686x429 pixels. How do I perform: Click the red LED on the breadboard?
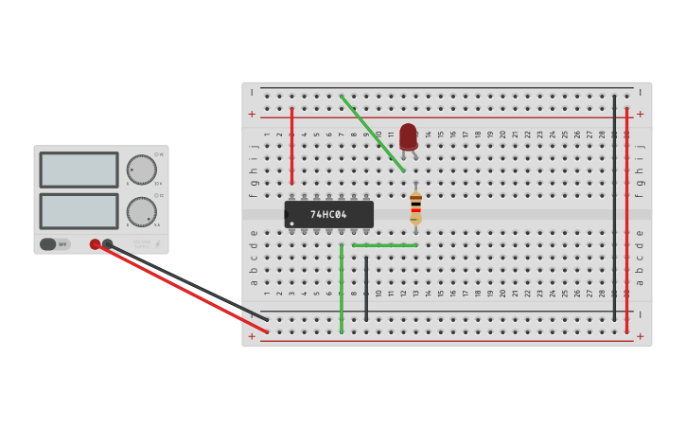[408, 137]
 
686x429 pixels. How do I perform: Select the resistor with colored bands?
[415, 207]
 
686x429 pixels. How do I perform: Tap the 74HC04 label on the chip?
[328, 215]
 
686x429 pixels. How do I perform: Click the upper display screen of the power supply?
[79, 170]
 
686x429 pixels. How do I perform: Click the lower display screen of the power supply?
[79, 211]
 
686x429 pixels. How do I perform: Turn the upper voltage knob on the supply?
[141, 170]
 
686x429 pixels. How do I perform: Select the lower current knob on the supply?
[141, 211]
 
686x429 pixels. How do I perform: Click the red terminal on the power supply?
[95, 244]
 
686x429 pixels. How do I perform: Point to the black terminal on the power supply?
[107, 244]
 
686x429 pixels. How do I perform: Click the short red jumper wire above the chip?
[291, 147]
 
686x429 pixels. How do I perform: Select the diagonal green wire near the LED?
[373, 134]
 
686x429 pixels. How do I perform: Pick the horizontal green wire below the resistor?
[385, 245]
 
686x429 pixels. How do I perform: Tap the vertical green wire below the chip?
[342, 289]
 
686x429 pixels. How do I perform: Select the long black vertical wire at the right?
[614, 208]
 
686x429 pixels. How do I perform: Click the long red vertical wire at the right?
[626, 220]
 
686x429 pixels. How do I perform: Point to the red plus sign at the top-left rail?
[252, 114]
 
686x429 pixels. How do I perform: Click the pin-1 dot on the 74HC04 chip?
[291, 223]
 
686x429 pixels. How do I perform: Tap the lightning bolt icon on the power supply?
[157, 244]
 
